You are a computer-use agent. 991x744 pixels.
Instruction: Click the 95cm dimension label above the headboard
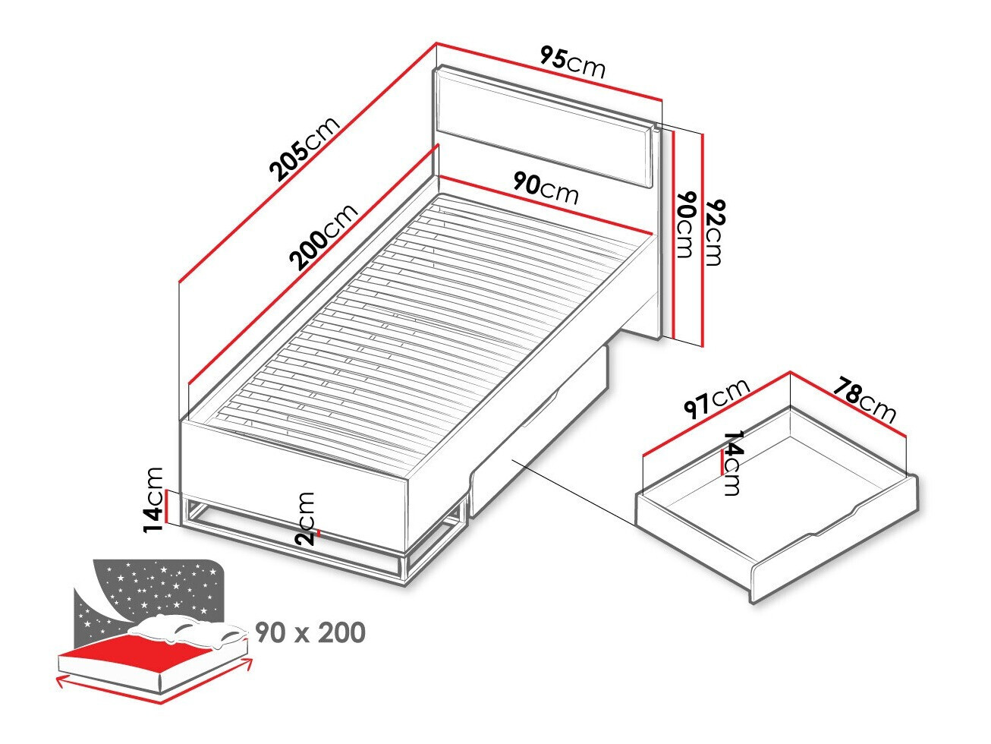click(x=573, y=61)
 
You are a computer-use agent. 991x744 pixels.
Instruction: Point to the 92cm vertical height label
click(x=713, y=232)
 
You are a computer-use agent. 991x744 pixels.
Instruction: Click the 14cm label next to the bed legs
click(x=155, y=500)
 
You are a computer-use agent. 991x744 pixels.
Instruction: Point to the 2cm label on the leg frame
click(x=306, y=518)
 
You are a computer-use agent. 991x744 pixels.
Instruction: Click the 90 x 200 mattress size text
click(x=310, y=632)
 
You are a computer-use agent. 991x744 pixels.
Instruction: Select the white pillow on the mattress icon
click(x=190, y=629)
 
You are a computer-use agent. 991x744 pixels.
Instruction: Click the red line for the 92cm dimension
click(x=703, y=239)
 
